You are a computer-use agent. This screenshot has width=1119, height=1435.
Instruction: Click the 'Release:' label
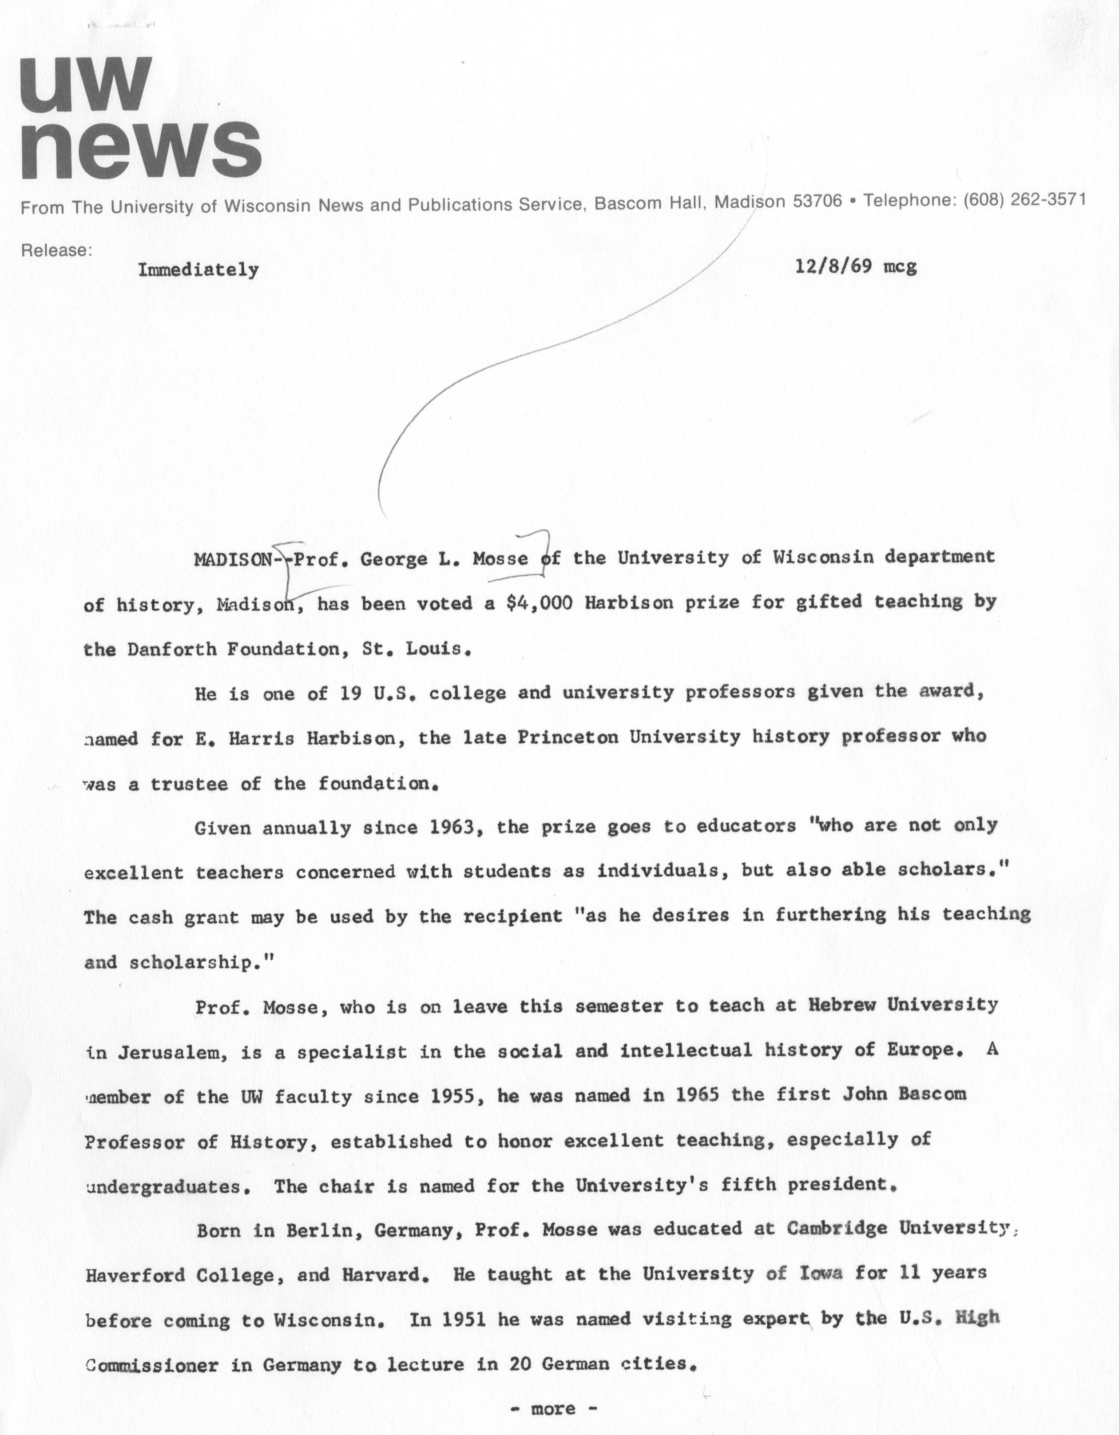click(x=56, y=250)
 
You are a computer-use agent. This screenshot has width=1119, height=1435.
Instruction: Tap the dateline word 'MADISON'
click(x=233, y=559)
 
